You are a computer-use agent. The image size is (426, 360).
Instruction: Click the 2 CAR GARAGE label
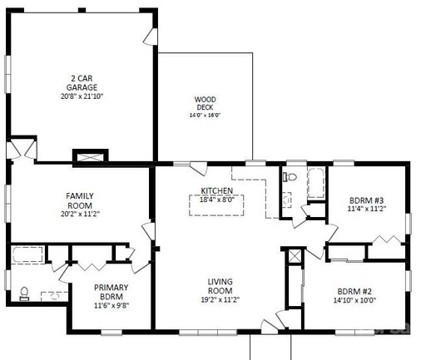point(82,82)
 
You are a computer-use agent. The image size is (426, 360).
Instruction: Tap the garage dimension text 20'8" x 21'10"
point(82,96)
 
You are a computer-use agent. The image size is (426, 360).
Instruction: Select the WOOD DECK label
point(205,103)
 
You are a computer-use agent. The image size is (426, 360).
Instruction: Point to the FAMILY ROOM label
point(80,200)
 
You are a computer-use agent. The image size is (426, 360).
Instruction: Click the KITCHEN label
point(217,190)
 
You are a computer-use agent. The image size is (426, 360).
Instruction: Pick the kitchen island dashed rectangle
point(216,205)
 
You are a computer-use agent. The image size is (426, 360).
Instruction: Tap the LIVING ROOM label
point(220,286)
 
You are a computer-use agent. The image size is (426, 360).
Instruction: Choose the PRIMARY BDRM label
point(111,292)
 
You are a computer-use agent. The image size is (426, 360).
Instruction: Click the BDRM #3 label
point(366,200)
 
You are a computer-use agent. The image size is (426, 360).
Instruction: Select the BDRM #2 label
point(354,291)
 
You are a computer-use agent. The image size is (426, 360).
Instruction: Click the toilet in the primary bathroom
point(24,293)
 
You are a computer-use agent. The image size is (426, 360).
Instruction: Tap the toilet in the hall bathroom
point(290,176)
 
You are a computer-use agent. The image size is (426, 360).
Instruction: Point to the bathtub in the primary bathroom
point(27,254)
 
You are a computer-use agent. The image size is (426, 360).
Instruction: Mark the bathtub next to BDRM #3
point(316,183)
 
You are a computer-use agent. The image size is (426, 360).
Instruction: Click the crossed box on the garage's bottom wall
point(91,156)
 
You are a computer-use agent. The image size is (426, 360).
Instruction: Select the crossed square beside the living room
point(295,256)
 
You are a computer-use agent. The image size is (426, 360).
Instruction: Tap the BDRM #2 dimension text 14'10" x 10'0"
point(354,300)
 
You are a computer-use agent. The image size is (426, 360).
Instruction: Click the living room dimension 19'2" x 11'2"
point(220,299)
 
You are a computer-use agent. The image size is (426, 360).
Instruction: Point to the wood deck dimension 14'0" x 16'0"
point(205,115)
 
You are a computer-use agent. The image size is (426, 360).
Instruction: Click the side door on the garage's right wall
point(151,37)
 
